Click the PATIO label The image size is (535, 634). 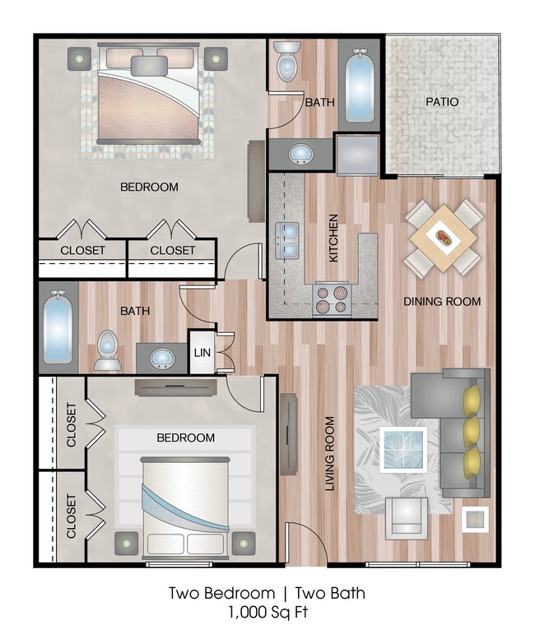point(442,102)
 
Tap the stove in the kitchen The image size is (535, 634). point(333,299)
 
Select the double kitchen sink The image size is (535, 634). point(287,239)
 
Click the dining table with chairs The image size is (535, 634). point(444,238)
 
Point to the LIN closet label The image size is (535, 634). point(202,353)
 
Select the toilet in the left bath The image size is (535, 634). point(107,349)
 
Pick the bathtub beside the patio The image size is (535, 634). point(359,87)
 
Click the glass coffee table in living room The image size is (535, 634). point(403,449)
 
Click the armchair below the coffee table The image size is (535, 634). point(407,516)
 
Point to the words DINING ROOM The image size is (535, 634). point(442,302)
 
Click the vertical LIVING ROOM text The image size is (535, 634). point(330,454)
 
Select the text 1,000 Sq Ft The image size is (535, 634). point(267,613)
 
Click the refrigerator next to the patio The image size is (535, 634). point(357,155)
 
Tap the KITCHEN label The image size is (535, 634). point(333,238)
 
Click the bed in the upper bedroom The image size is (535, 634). point(147,97)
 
